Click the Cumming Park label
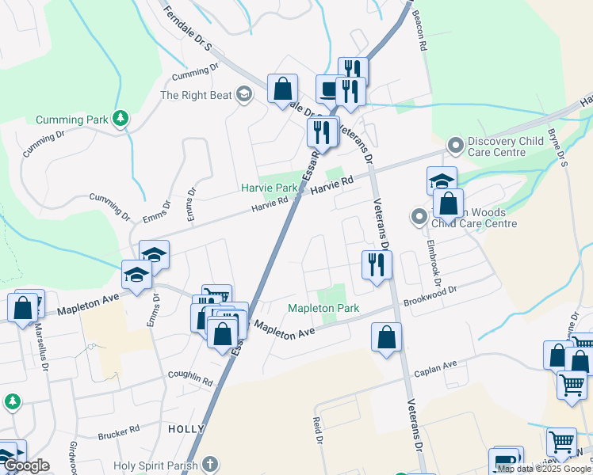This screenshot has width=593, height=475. coord(71,120)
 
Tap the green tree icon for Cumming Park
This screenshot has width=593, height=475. coord(121,119)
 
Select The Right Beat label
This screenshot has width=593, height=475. coord(196,95)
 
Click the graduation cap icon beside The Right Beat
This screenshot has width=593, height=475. coord(243,95)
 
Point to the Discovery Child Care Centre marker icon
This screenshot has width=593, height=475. coord(455,146)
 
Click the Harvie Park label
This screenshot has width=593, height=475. coord(269,188)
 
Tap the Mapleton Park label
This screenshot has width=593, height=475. coord(323,308)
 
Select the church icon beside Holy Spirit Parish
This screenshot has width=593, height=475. coord(209,463)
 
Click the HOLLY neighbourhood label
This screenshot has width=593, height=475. coord(187,428)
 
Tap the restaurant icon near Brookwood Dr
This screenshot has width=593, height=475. coord(376,264)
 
